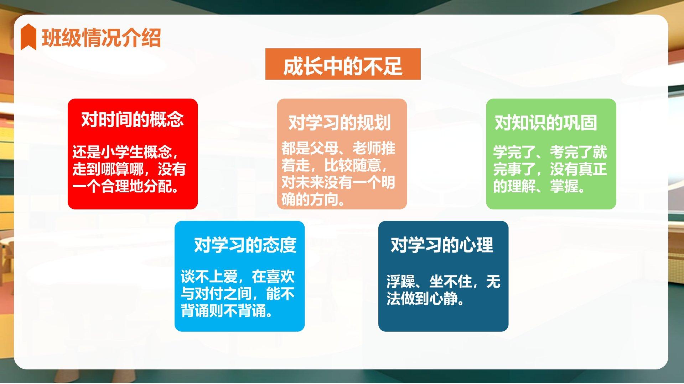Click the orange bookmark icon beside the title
point(28,37)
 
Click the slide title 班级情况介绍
point(102,38)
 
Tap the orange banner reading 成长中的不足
point(343,64)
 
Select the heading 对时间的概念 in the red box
point(133,119)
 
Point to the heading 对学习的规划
point(340,123)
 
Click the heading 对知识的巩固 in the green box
point(546,123)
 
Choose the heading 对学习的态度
point(245,245)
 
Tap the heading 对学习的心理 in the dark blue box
point(442,245)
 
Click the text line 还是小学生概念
point(125,152)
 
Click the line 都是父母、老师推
point(338,148)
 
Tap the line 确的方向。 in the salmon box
point(313,199)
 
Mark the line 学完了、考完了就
point(550,152)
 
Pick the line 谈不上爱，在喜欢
point(238,277)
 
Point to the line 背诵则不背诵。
point(227,311)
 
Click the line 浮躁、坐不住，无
point(444,282)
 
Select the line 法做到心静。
point(426,299)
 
